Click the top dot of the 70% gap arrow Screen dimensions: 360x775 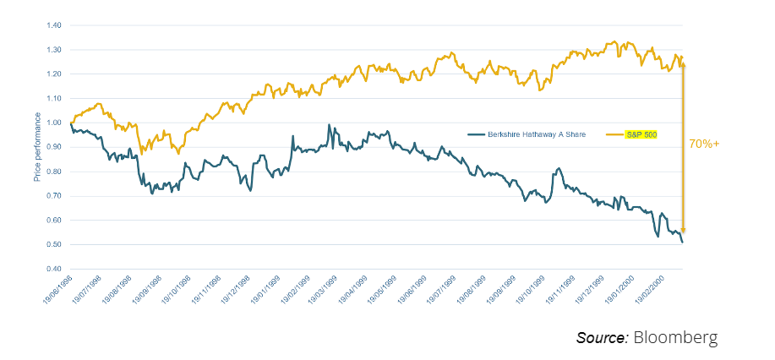coord(683,65)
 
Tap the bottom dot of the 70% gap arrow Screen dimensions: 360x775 coord(683,230)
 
